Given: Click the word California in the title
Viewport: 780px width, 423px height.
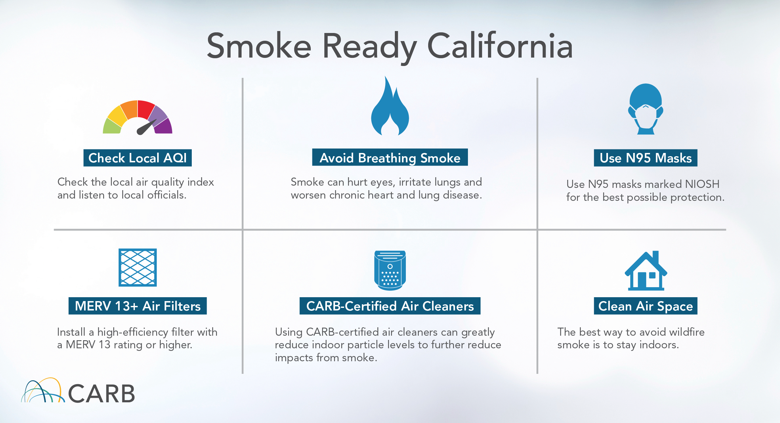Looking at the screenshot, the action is click(500, 46).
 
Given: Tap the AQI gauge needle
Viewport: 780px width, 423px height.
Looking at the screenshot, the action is click(146, 127).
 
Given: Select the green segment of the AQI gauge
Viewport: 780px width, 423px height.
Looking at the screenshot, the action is click(112, 127).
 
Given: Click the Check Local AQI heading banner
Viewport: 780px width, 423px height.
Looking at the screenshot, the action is click(137, 158).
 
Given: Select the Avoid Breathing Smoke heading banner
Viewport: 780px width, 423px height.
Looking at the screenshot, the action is click(390, 157).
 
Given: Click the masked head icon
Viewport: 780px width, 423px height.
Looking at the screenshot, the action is click(645, 109).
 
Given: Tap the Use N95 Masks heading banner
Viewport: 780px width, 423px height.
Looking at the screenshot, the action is click(645, 158).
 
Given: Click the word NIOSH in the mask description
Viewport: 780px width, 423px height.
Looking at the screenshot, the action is click(702, 184).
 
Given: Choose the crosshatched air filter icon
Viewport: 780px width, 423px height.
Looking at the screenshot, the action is click(137, 267).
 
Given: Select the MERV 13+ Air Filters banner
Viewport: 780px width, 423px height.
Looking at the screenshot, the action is click(137, 306).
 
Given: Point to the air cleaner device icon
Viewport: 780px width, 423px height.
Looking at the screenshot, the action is click(390, 270).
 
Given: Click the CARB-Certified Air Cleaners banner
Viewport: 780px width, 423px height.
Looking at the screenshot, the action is click(390, 306).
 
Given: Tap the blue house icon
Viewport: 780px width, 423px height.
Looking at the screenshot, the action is click(645, 270).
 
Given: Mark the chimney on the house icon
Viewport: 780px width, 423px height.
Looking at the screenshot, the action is click(655, 258).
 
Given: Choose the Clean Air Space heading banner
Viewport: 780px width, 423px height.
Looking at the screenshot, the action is click(645, 306).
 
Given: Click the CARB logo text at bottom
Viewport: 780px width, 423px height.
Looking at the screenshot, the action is click(101, 394).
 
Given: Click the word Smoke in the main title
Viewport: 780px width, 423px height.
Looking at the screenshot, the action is click(259, 46).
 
